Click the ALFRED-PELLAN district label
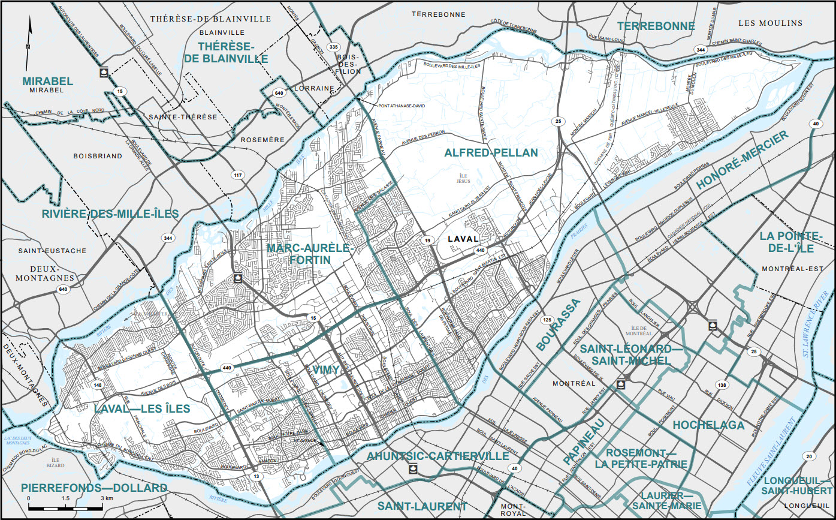[x=491, y=153]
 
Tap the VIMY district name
[x=326, y=370]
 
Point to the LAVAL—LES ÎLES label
[x=142, y=409]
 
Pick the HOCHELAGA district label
[x=708, y=425]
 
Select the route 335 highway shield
[x=334, y=47]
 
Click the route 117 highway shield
[x=238, y=175]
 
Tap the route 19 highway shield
[x=428, y=240]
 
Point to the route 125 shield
[x=547, y=320]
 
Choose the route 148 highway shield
[x=97, y=384]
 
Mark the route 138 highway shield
[x=722, y=384]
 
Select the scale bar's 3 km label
[x=107, y=498]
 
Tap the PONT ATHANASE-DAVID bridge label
[x=401, y=106]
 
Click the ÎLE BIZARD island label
[x=55, y=461]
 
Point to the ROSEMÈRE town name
[x=262, y=140]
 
